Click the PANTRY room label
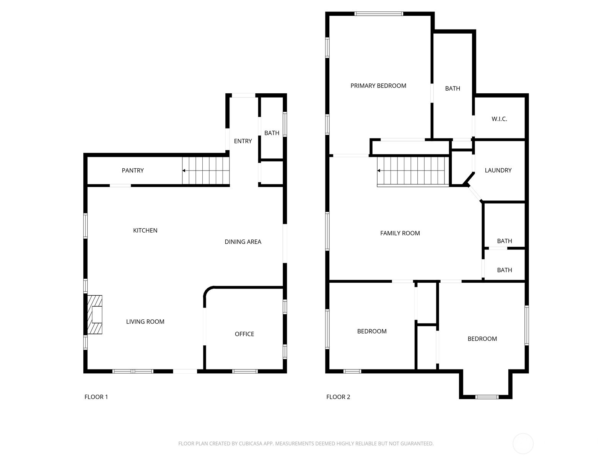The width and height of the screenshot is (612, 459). pos(133,171)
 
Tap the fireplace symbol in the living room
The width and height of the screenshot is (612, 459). pos(95,314)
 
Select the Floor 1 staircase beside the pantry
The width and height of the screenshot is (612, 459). pos(206,171)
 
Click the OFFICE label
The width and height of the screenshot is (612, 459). pos(244,334)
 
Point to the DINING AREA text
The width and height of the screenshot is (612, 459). pos(243,242)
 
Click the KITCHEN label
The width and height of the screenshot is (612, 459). pos(145,230)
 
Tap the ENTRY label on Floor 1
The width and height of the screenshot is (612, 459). pos(243,141)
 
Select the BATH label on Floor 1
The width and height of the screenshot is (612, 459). pos(272,133)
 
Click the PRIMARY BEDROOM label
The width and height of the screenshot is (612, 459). pos(378,86)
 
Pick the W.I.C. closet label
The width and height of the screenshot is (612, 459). pos(499,119)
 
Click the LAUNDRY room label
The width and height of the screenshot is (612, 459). pos(498,170)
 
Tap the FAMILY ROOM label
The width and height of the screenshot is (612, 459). pos(400,233)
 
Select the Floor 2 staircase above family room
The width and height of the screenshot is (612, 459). pos(413,171)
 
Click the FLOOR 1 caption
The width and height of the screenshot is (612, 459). pos(96,397)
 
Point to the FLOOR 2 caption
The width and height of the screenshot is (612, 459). pos(338,397)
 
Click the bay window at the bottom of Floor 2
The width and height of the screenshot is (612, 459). pos(487,397)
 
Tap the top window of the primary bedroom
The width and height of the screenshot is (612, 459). pos(378,14)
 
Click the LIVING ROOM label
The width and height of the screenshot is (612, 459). pos(145,322)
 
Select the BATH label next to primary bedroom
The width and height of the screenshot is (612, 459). pos(452,88)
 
